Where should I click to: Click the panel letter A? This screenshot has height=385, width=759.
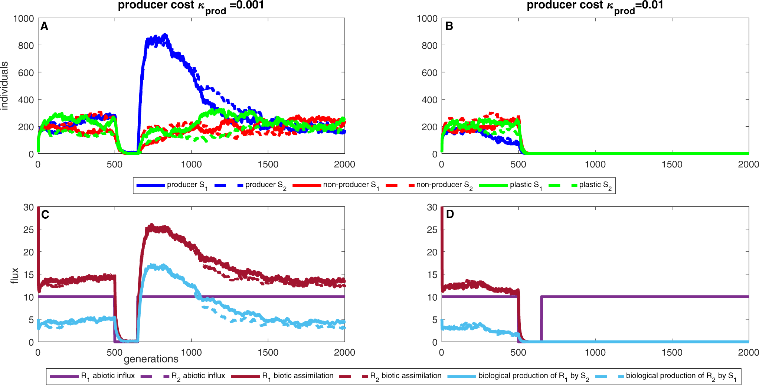pos(44,26)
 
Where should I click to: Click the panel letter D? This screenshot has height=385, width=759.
pos(449,215)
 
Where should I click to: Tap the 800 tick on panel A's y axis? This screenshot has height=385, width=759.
pos(26,46)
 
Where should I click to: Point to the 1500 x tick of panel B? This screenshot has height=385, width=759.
pos(672,164)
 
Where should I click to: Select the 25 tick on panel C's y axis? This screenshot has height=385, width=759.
pos(29,230)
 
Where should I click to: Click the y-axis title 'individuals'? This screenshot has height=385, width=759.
pos(4,86)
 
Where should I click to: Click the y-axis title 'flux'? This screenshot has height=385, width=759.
pos(14,275)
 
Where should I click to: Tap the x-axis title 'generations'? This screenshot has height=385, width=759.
pos(151,359)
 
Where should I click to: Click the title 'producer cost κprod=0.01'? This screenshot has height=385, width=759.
pos(595,6)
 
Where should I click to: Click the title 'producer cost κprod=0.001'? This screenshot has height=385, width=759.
pos(191,6)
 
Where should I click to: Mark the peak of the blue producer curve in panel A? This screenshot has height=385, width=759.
pos(165,35)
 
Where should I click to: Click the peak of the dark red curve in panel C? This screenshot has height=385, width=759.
pos(151,225)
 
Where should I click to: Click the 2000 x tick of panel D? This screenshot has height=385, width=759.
pos(748,352)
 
